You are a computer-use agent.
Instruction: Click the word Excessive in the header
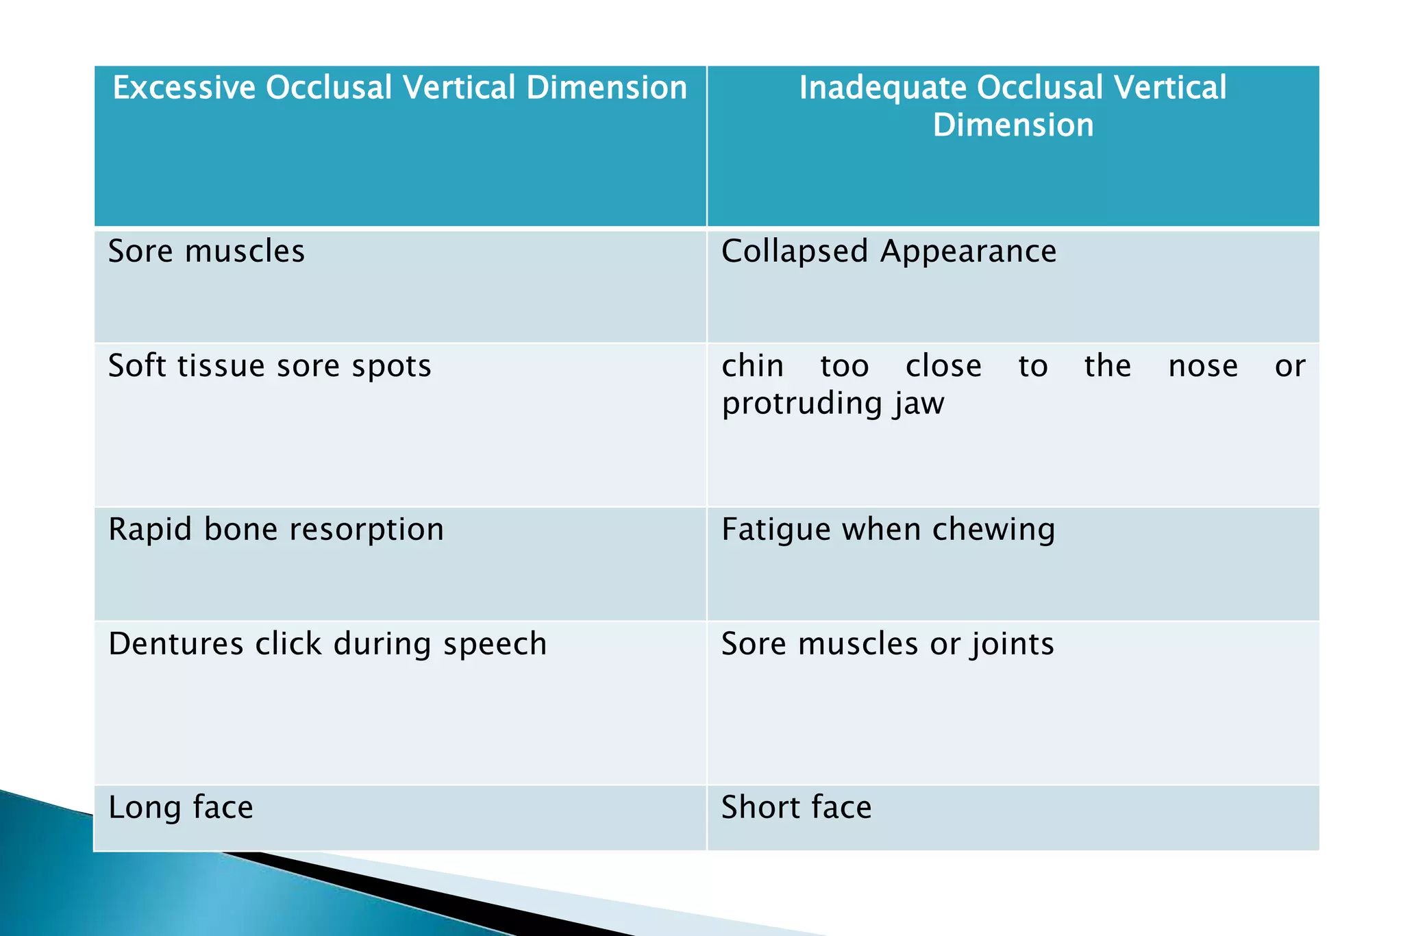click(x=184, y=88)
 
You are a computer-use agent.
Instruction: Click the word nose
click(x=1203, y=366)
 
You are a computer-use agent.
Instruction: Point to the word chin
click(x=752, y=366)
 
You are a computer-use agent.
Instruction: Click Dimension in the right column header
click(x=1013, y=125)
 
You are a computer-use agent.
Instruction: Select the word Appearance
click(x=968, y=251)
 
